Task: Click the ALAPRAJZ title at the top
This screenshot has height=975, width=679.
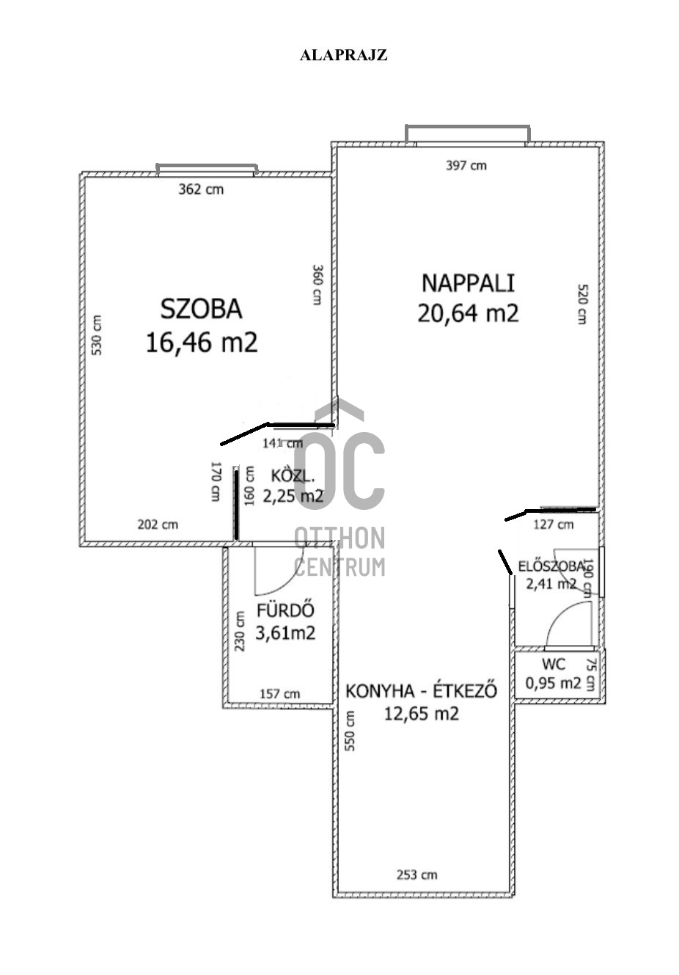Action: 343,55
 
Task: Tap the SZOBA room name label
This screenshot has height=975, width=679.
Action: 201,309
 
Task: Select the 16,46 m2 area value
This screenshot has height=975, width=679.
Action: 202,342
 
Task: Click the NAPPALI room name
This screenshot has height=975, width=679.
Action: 468,282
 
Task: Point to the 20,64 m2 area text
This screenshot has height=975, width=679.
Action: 468,313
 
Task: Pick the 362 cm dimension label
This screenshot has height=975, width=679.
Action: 201,189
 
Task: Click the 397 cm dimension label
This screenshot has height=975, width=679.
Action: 466,166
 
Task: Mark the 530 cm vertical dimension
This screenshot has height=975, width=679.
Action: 97,335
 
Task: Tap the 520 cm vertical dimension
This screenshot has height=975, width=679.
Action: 581,304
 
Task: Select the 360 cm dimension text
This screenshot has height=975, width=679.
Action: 317,285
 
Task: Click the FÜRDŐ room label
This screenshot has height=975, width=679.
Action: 285,610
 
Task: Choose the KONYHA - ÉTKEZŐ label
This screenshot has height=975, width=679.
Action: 421,691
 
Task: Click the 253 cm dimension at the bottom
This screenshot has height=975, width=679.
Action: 416,874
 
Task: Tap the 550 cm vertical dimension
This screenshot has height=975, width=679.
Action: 350,730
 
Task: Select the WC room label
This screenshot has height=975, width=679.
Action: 554,665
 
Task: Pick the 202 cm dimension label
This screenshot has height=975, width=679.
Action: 158,525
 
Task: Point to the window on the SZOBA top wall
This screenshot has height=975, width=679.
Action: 207,170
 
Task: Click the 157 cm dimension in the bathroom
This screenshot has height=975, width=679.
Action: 280,694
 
